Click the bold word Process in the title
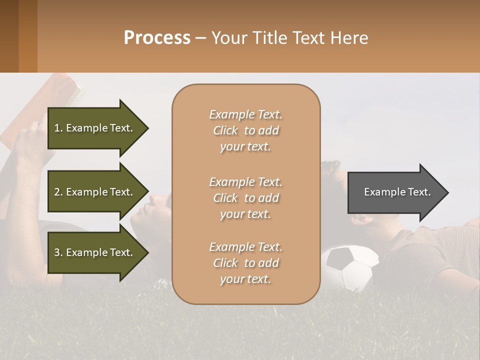157,38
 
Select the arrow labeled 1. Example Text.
95,128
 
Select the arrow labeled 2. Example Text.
95,192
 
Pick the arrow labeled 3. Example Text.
95,252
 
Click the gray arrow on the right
395,192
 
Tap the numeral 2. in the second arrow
58,192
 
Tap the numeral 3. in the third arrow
58,252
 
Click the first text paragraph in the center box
245,130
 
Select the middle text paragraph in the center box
245,198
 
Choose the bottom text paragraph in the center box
245,263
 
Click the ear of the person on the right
361,218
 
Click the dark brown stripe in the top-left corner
9,36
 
